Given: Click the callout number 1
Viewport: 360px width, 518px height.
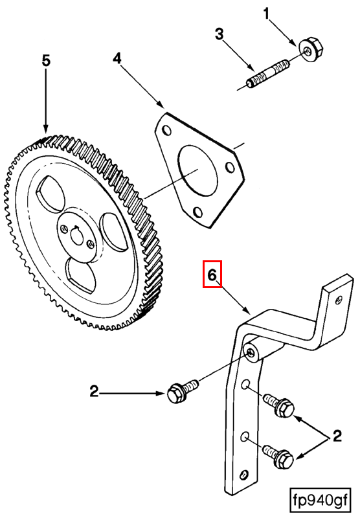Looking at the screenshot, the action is click(266, 14).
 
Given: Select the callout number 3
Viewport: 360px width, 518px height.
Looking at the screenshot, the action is click(219, 34).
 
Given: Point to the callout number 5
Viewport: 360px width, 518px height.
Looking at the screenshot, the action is click(46, 61).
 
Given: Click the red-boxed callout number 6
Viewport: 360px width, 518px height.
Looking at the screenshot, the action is click(212, 274).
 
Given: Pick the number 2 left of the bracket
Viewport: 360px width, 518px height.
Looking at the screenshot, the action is click(94, 392).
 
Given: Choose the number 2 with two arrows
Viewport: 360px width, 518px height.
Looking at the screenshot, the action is click(337, 436).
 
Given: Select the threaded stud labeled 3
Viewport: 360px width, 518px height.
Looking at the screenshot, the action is click(267, 73).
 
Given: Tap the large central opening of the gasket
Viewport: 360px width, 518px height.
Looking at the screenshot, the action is click(198, 170).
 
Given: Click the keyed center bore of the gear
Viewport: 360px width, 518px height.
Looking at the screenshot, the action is click(78, 235).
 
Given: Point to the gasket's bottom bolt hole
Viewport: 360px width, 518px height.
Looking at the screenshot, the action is click(197, 212).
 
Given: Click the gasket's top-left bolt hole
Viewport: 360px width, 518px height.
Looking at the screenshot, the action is click(167, 130).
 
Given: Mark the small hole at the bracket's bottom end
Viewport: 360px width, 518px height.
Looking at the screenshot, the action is click(244, 474).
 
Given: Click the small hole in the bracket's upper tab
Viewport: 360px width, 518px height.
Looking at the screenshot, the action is click(337, 300).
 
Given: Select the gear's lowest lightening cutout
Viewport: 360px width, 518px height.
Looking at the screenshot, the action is click(81, 276).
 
